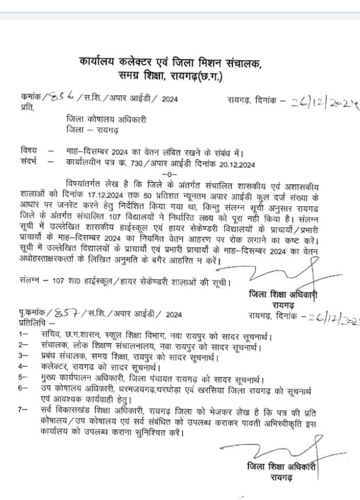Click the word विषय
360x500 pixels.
tap(28, 152)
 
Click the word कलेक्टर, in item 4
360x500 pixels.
tap(58, 366)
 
